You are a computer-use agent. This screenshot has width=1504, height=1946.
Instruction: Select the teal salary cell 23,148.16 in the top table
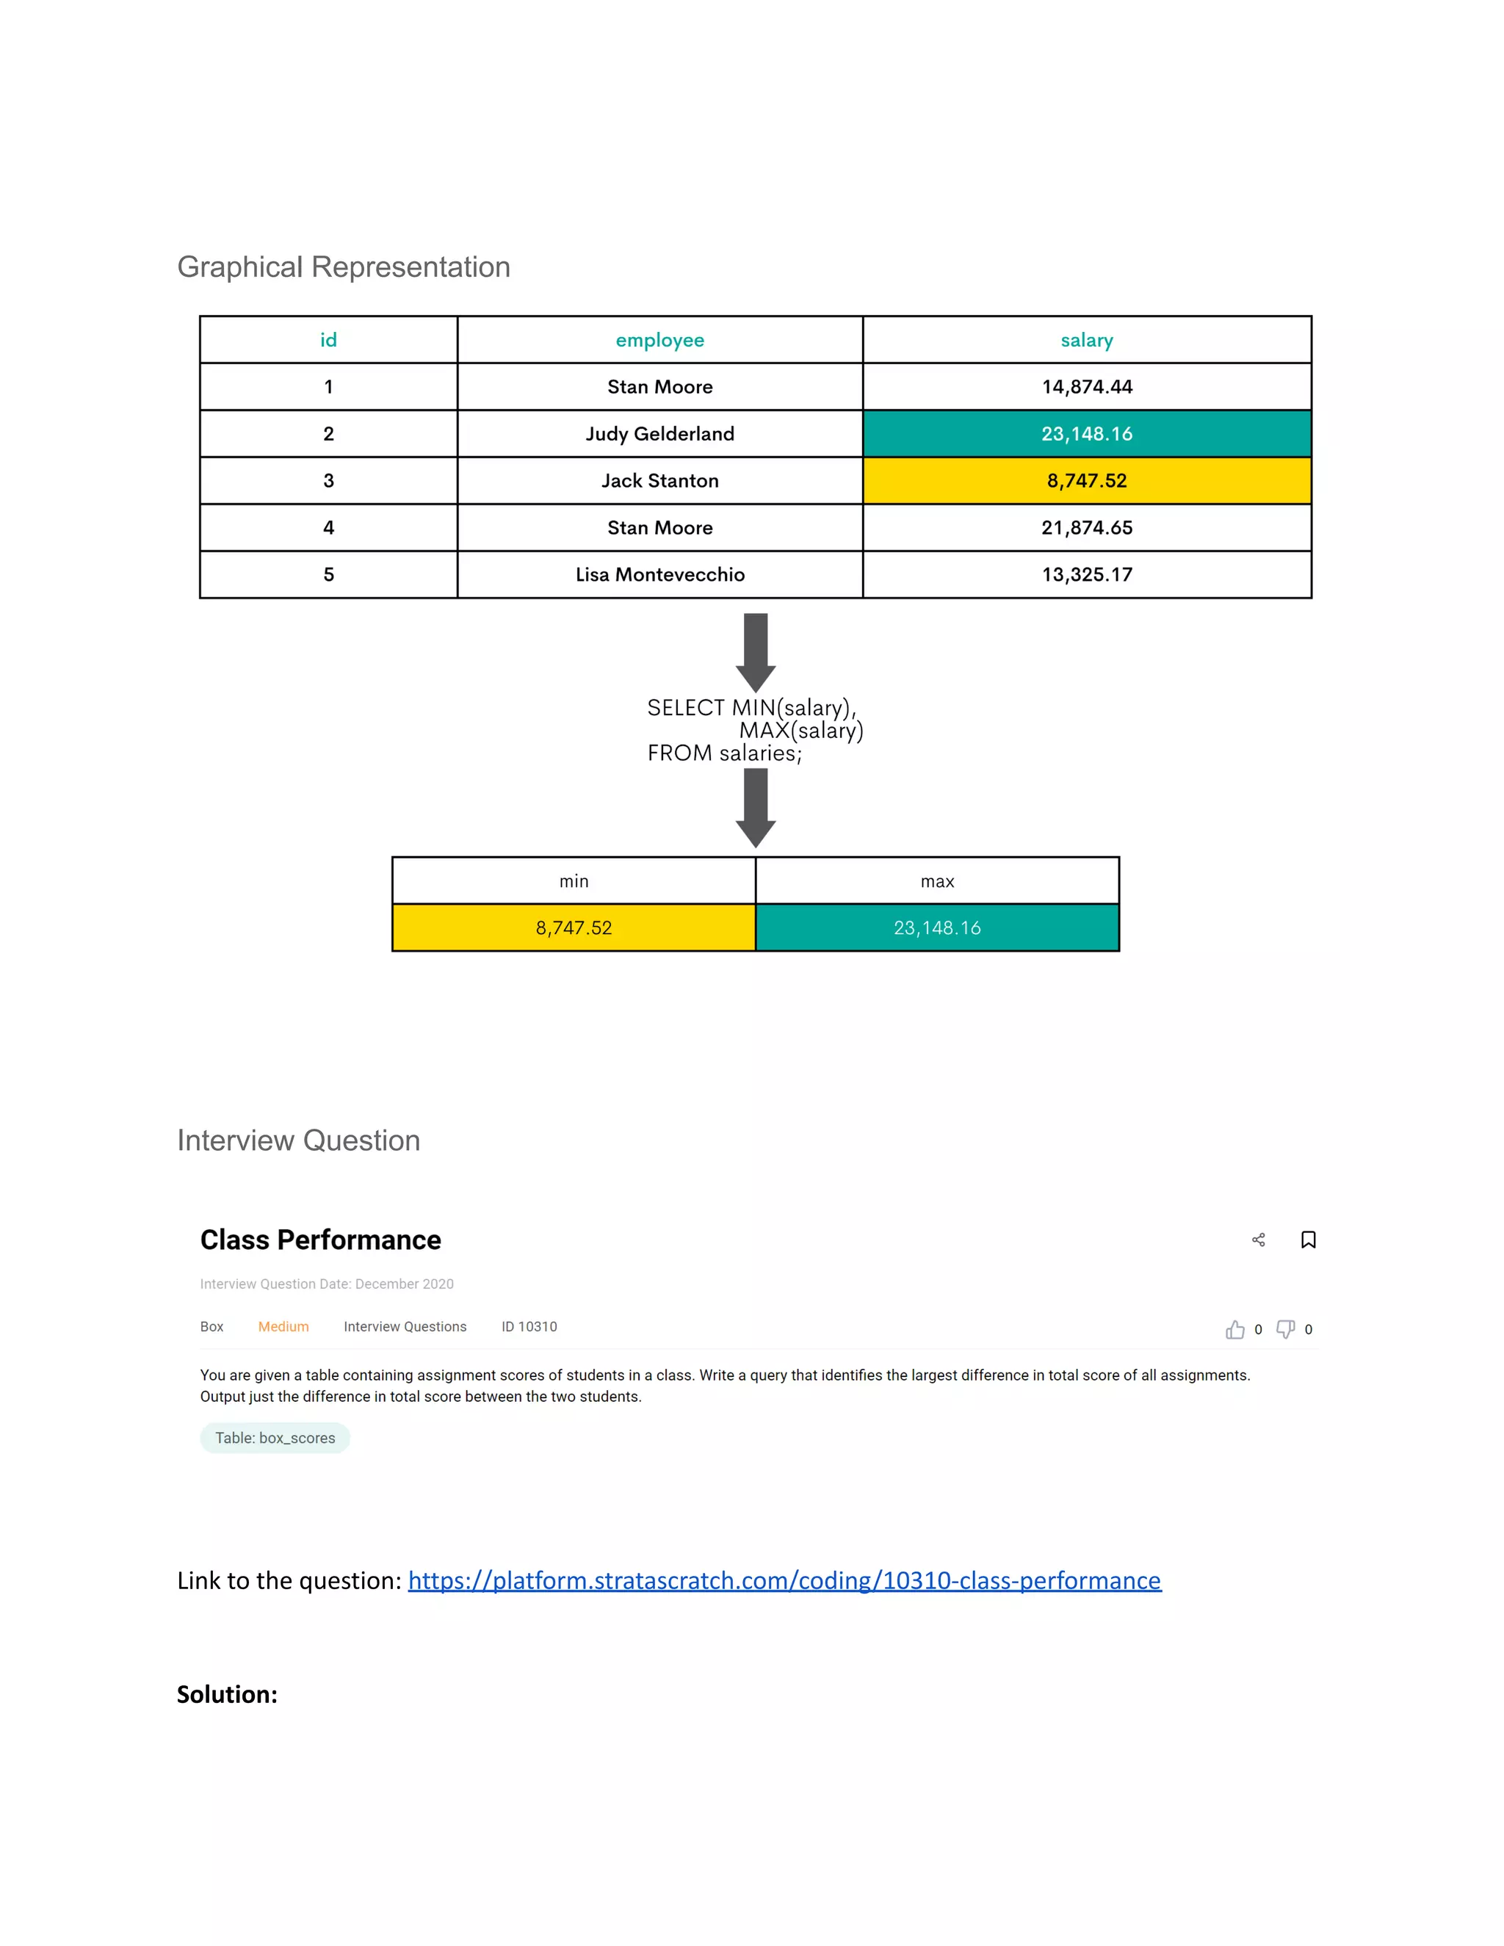(x=1086, y=434)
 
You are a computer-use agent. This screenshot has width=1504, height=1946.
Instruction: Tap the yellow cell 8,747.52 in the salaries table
(x=1086, y=481)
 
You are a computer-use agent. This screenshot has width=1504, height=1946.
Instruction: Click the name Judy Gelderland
(x=659, y=434)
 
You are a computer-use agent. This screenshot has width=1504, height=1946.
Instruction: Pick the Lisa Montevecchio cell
(x=659, y=575)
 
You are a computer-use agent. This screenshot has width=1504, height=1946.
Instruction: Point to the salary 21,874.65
(x=1086, y=527)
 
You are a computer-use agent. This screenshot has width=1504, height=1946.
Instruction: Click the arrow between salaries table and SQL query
(x=756, y=651)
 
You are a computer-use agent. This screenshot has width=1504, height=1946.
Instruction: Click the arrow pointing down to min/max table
(x=756, y=807)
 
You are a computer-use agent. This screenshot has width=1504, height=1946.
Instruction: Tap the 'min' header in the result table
(x=574, y=881)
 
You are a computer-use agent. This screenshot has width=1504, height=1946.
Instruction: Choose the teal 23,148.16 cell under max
(x=936, y=927)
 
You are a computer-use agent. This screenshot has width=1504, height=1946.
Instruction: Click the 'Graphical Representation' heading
(x=343, y=267)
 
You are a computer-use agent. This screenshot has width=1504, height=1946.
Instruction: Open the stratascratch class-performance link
(x=784, y=1581)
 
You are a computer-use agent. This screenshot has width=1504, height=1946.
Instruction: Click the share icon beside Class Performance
(x=1258, y=1240)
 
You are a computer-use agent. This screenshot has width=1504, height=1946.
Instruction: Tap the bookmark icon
(x=1308, y=1240)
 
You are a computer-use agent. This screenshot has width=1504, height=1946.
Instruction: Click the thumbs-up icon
(x=1235, y=1329)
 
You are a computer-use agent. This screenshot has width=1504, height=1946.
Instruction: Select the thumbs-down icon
(x=1285, y=1329)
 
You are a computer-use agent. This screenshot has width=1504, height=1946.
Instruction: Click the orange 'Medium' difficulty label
(x=283, y=1327)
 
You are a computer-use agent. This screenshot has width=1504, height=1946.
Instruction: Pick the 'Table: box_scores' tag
(x=275, y=1438)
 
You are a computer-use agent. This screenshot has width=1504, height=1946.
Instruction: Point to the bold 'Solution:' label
(x=227, y=1695)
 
